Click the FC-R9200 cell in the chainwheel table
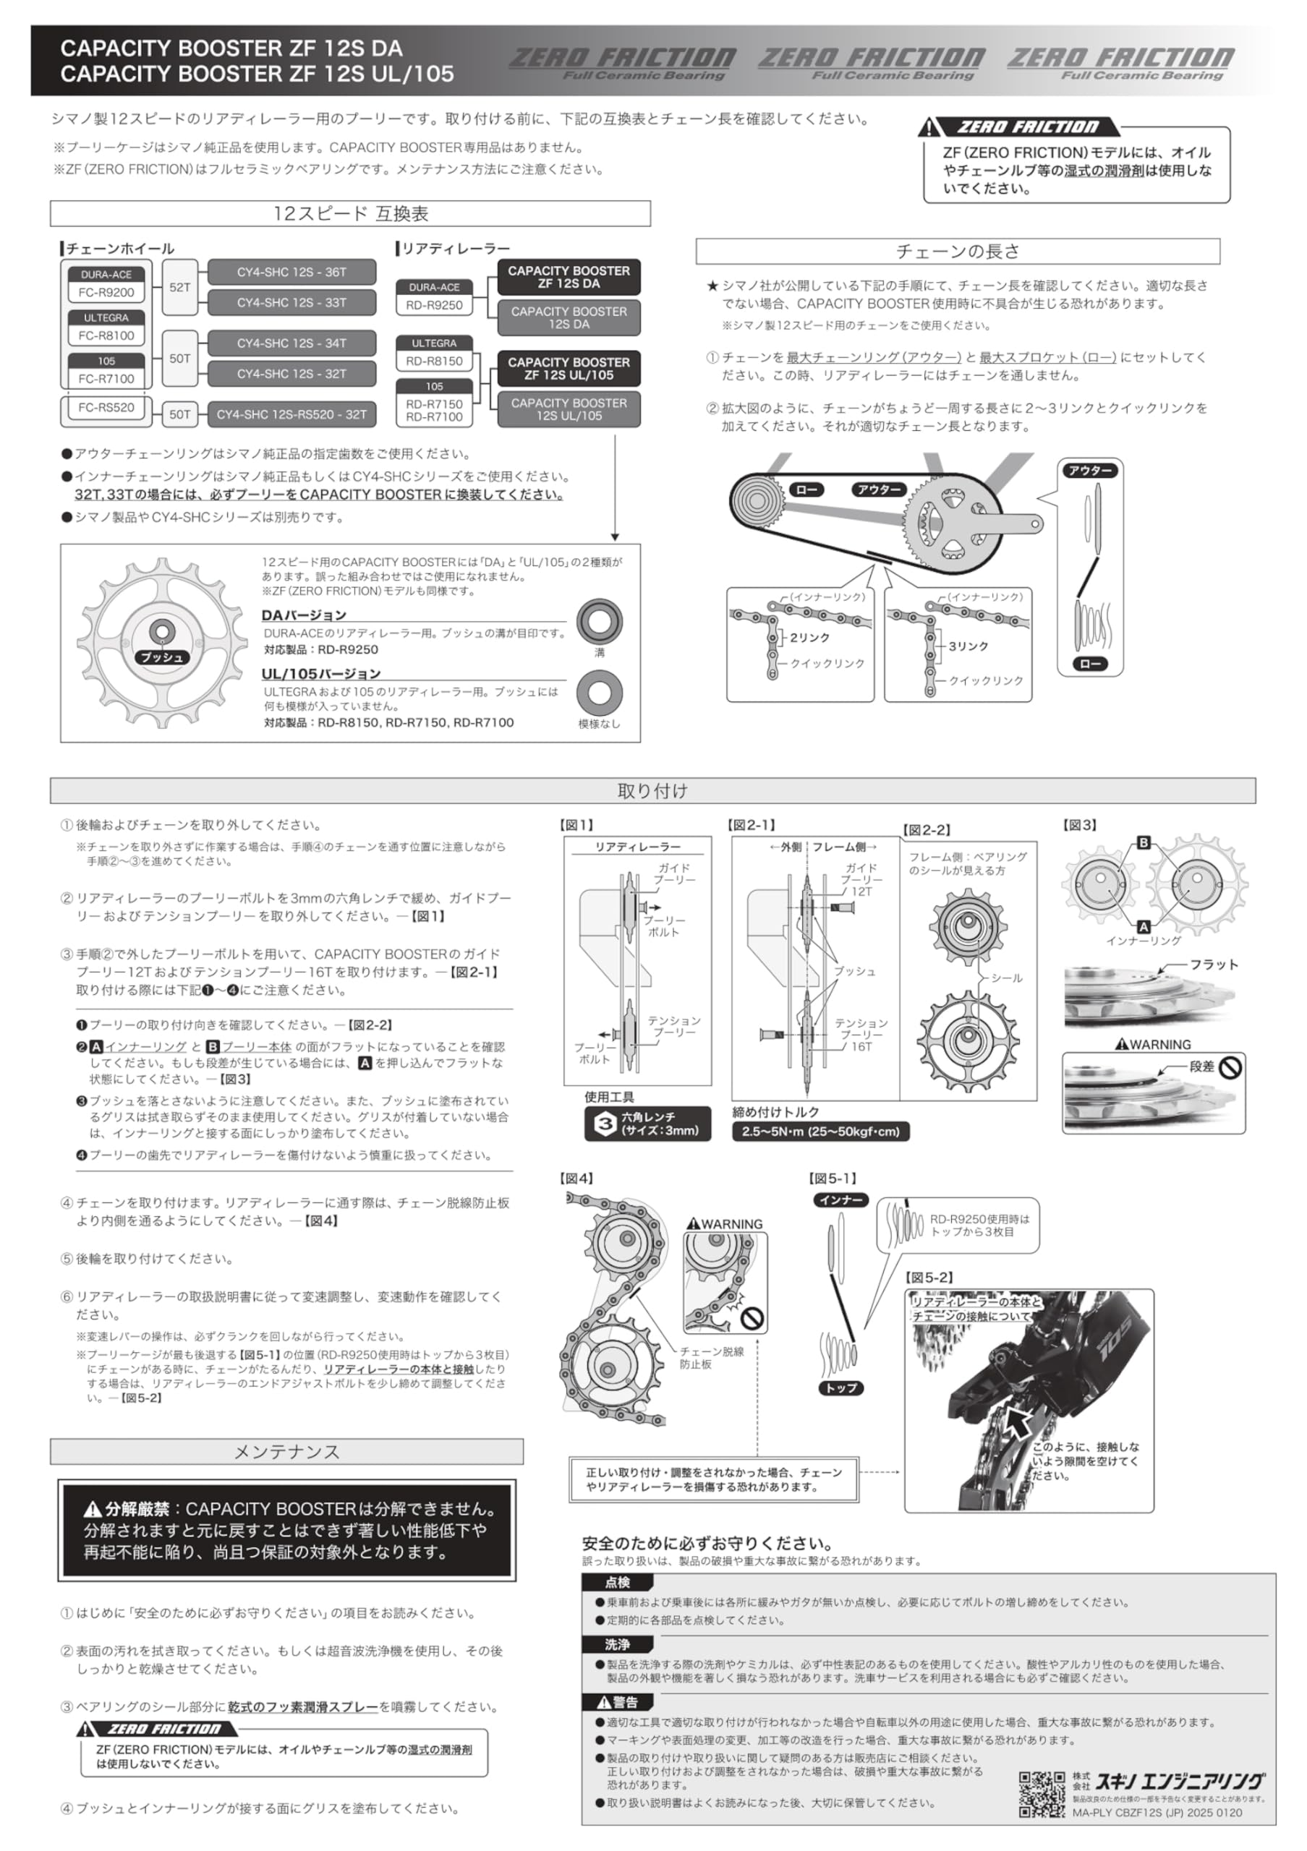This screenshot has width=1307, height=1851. coord(106,293)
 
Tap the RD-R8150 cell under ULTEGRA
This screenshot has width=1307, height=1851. coord(434,362)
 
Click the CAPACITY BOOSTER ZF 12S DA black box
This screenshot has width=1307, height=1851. coord(569,278)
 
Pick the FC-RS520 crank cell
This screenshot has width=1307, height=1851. coord(106,408)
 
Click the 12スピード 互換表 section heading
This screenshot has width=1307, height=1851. coord(350,213)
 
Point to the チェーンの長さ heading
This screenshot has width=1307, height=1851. coord(957,251)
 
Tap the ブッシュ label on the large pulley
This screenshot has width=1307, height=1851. coord(162,657)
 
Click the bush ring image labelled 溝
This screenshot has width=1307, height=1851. coord(599,622)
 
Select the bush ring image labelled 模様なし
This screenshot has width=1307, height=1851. coord(599,693)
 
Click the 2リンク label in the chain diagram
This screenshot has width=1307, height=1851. coord(809,638)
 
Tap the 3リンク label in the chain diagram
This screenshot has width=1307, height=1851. coord(968,646)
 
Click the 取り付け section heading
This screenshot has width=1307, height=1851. coord(652,790)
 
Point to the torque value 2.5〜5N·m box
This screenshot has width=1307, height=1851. coord(820,1131)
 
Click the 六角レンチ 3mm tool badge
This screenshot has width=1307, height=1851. coord(647,1123)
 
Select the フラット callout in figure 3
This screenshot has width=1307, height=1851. coord(1214,965)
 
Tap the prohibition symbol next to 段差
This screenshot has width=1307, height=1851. coord(1230,1067)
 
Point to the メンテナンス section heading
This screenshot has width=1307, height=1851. coord(286,1452)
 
